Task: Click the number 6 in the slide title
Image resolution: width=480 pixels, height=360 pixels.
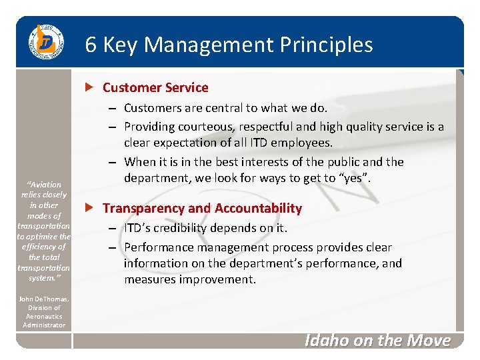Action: tap(91, 45)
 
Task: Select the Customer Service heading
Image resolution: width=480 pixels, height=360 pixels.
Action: tap(155, 87)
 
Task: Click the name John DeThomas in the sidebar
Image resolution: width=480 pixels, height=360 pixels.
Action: tap(44, 299)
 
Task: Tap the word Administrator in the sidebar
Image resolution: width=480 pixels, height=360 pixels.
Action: tap(44, 325)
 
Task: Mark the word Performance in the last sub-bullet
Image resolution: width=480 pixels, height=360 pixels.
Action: tap(158, 247)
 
